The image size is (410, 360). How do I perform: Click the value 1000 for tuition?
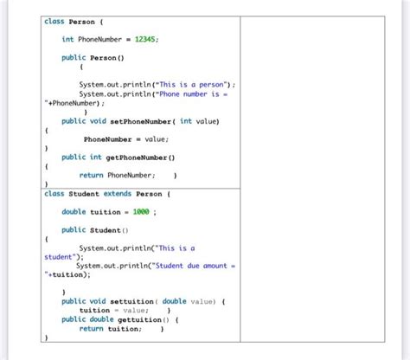pos(140,212)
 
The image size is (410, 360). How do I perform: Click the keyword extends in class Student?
pos(117,194)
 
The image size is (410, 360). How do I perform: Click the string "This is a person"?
pos(191,84)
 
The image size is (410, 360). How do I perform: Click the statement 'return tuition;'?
pos(112,329)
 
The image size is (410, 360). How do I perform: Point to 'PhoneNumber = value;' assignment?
pos(126,138)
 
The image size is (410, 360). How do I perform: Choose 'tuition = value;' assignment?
pos(113,310)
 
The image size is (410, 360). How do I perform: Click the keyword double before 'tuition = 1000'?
pos(74,212)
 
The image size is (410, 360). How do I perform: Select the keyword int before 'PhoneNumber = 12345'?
pos(67,39)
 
